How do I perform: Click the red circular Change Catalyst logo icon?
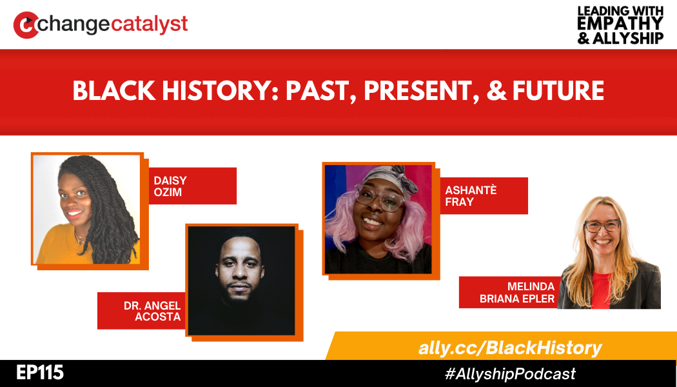(25, 25)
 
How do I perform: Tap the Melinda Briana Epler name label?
(509, 292)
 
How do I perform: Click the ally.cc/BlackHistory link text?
(509, 348)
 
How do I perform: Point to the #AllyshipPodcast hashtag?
(509, 373)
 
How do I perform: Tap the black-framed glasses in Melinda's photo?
(602, 226)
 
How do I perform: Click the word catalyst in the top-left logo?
(149, 24)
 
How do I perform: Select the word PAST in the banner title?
(318, 91)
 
